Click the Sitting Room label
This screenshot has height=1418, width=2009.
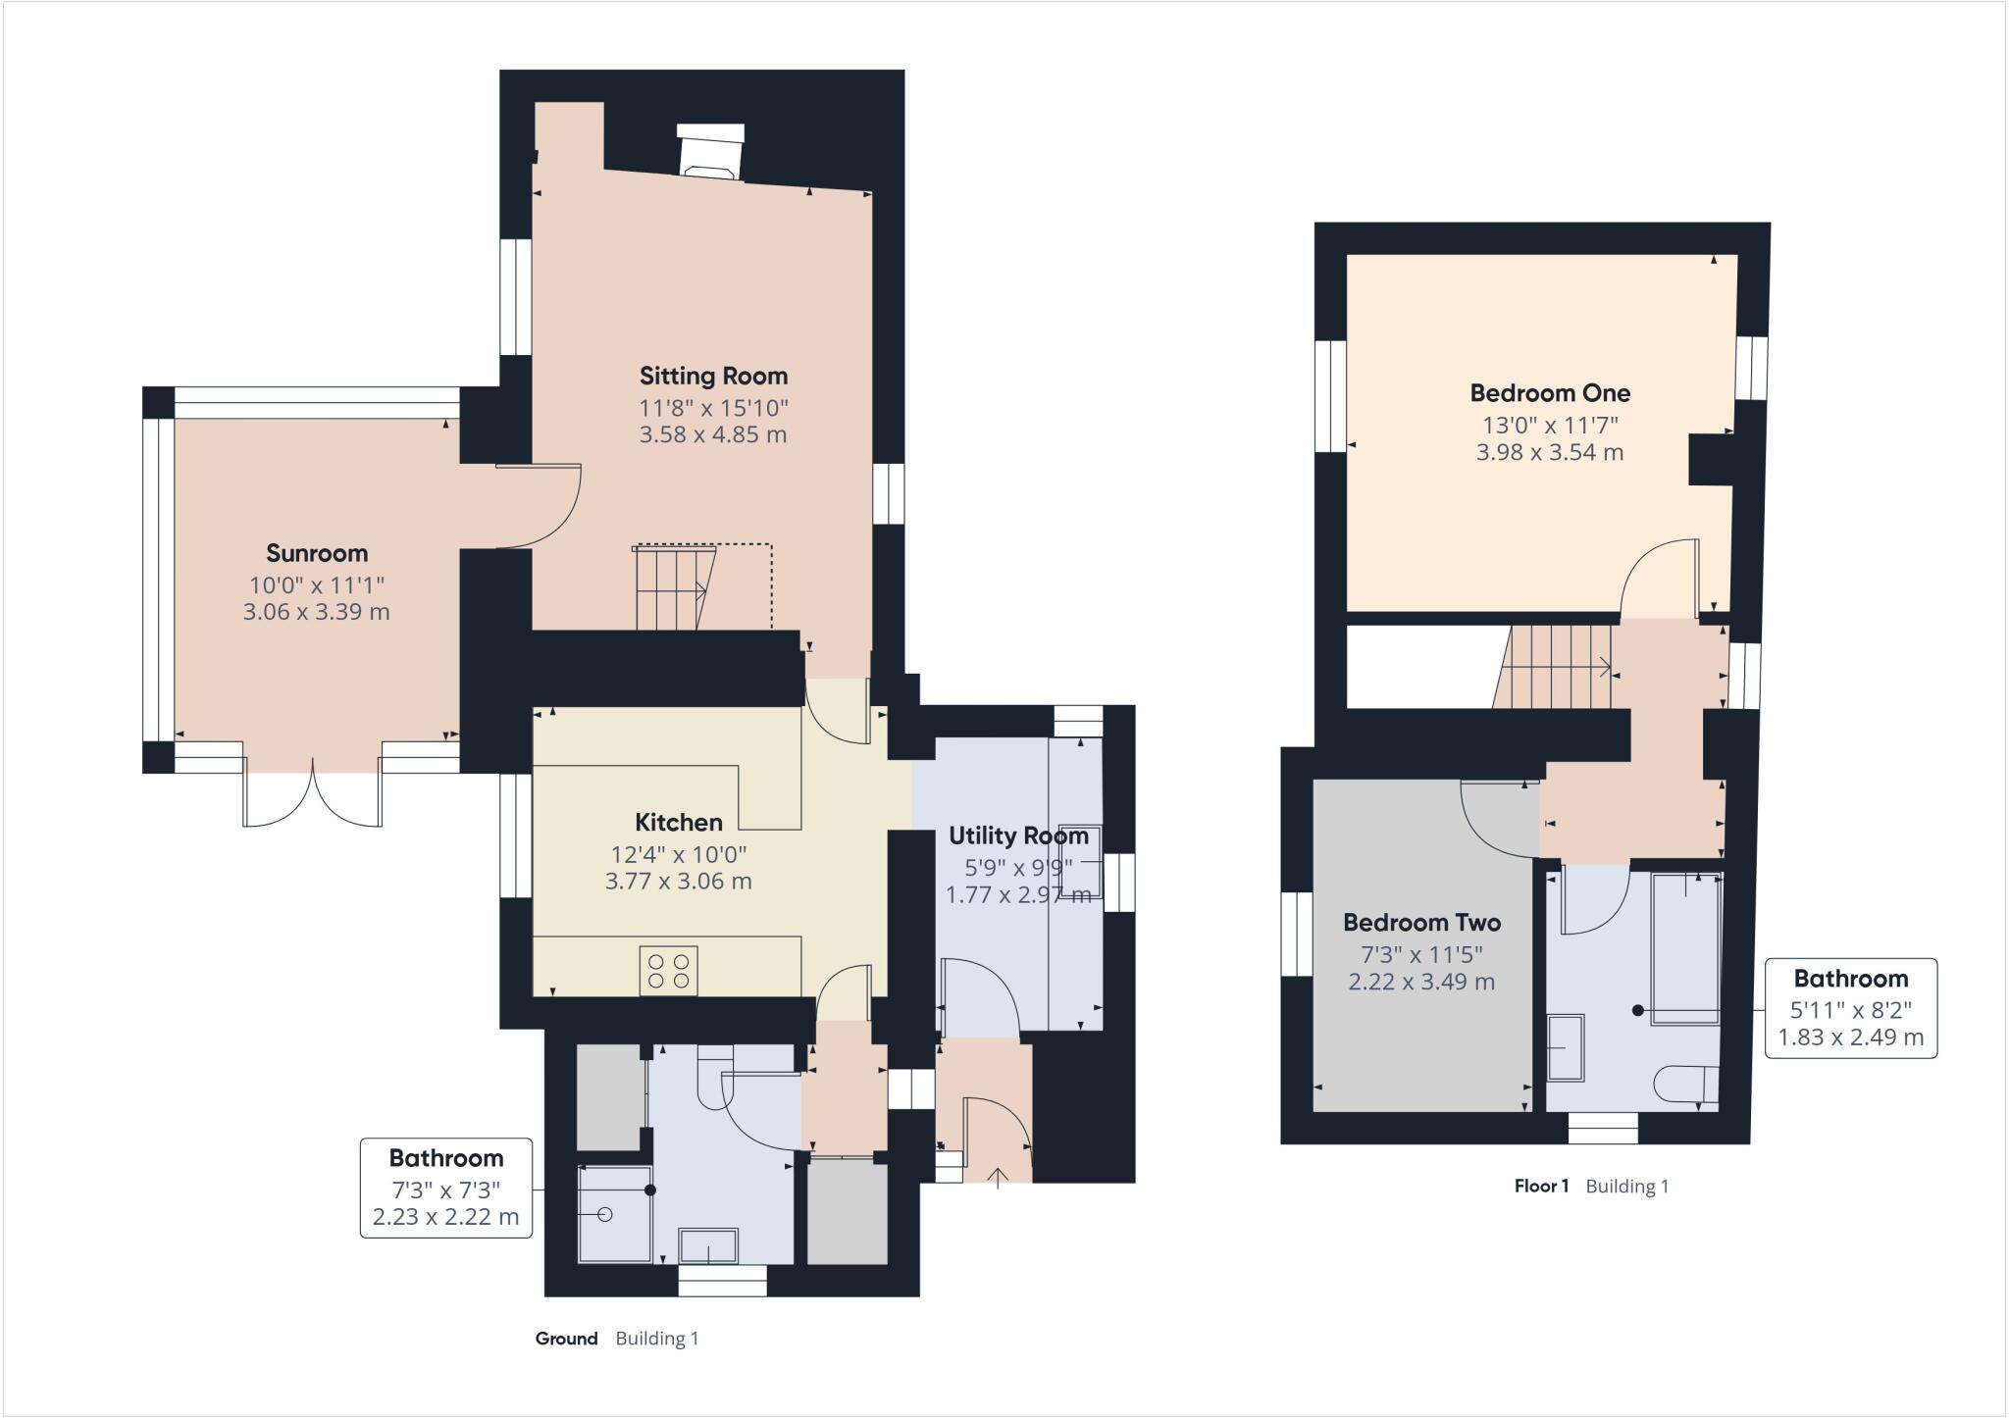(713, 376)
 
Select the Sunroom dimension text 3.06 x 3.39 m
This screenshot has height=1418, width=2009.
(316, 612)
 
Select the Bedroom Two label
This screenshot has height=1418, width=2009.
(1421, 923)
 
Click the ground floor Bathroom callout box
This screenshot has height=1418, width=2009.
(446, 1188)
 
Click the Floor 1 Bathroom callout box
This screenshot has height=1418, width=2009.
(1850, 1007)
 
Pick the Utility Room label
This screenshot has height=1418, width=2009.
(1018, 836)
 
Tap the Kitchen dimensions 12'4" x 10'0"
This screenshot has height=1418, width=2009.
(678, 854)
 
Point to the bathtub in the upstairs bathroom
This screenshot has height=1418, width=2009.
(1686, 948)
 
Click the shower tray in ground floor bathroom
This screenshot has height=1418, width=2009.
(615, 1213)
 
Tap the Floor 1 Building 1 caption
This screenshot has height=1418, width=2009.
(1591, 1187)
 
